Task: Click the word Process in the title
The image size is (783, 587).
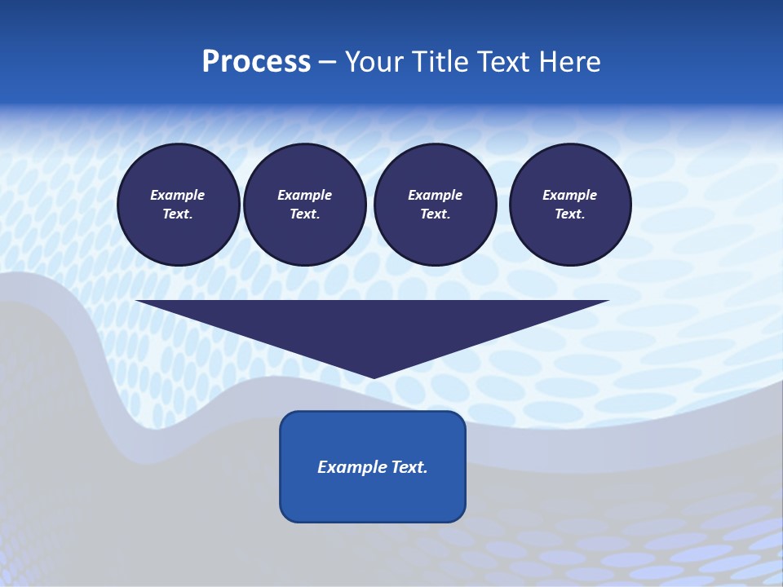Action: click(256, 62)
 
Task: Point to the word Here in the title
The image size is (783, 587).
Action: click(571, 62)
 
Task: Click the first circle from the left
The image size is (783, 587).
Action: click(178, 205)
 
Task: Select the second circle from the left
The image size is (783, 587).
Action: click(304, 205)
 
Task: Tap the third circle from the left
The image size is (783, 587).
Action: click(435, 205)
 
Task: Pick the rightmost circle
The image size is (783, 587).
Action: click(569, 205)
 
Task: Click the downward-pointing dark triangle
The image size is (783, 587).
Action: click(373, 326)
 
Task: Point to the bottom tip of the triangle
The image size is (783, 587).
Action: click(373, 377)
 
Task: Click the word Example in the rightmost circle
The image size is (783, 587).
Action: click(569, 195)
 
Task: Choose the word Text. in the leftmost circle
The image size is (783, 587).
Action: click(178, 214)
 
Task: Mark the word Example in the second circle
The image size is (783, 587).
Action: click(304, 195)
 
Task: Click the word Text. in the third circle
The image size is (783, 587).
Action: click(435, 214)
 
